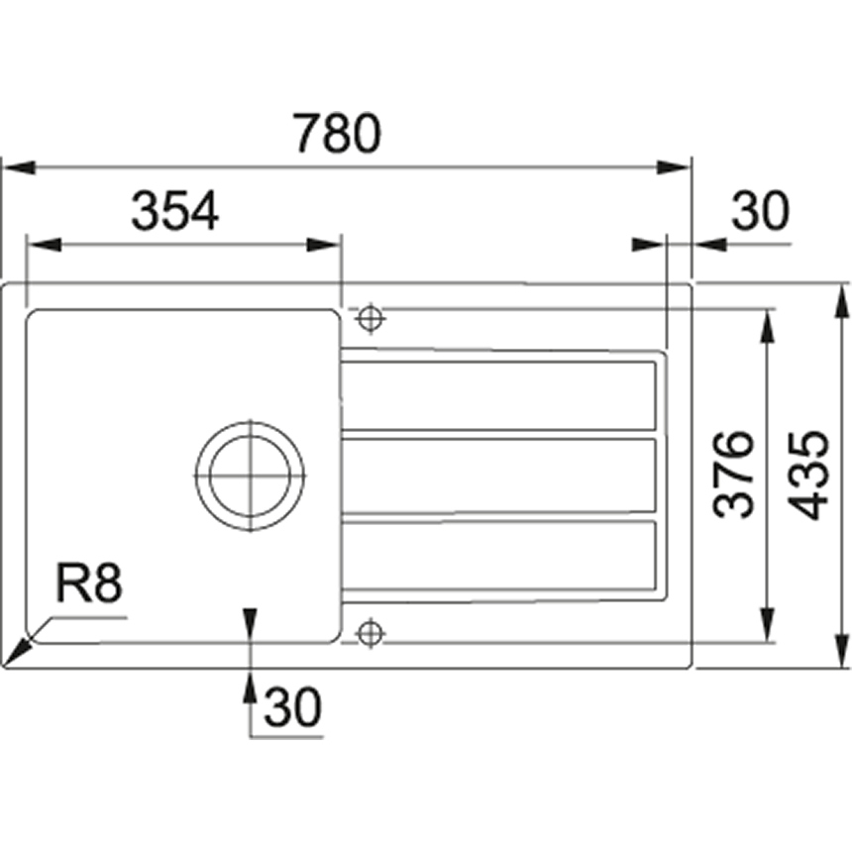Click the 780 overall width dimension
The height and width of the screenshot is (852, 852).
click(x=337, y=134)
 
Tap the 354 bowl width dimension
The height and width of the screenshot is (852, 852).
click(x=175, y=211)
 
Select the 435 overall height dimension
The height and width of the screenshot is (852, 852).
click(x=808, y=475)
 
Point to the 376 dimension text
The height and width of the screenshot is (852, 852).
click(x=734, y=474)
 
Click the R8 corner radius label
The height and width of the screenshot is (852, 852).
click(x=89, y=584)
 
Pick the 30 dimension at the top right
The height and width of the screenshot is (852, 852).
click(x=760, y=210)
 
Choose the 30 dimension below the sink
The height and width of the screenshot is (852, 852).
click(x=293, y=706)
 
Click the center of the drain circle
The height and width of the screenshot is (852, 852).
click(x=250, y=476)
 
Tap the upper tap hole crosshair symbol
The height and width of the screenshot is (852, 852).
click(x=371, y=318)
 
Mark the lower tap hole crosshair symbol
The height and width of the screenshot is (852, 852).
click(x=371, y=633)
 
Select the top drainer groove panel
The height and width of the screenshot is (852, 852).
click(x=498, y=395)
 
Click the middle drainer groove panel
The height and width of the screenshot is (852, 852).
click(x=498, y=476)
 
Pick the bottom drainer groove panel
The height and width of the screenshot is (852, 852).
click(x=498, y=555)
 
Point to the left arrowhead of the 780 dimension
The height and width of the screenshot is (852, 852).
click(x=20, y=167)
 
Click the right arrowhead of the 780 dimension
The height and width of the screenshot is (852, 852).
click(x=673, y=167)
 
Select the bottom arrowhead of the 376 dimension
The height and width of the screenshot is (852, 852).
click(x=767, y=625)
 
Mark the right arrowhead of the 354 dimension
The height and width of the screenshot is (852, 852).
click(x=324, y=245)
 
